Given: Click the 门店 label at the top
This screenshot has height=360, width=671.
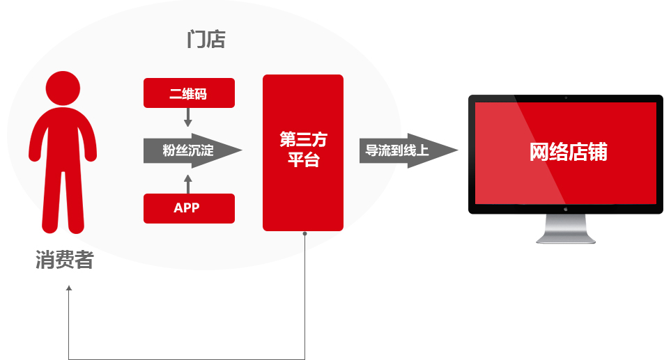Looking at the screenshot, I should (x=206, y=40).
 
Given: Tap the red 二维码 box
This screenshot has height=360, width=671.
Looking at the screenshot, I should (x=189, y=94).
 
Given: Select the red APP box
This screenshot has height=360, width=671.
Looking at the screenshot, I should (x=189, y=208).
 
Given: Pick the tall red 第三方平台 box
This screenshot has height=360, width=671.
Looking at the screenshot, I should (x=303, y=152).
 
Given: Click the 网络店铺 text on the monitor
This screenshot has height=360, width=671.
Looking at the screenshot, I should (x=568, y=152).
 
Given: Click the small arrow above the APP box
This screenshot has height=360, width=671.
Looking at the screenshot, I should (x=187, y=182).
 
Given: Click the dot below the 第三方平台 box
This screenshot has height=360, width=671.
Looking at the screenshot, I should (x=305, y=234).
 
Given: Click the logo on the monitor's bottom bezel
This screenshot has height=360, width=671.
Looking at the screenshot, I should (x=565, y=208).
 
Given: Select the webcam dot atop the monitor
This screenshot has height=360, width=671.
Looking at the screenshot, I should (x=565, y=97).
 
